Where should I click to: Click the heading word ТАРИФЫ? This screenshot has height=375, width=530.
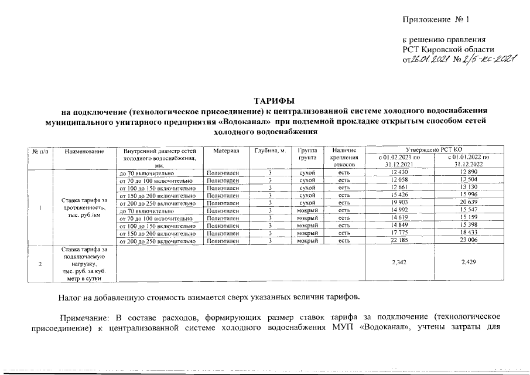(273, 101)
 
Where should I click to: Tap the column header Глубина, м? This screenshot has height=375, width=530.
(270, 152)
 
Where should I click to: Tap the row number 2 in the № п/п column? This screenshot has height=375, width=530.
(40, 263)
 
